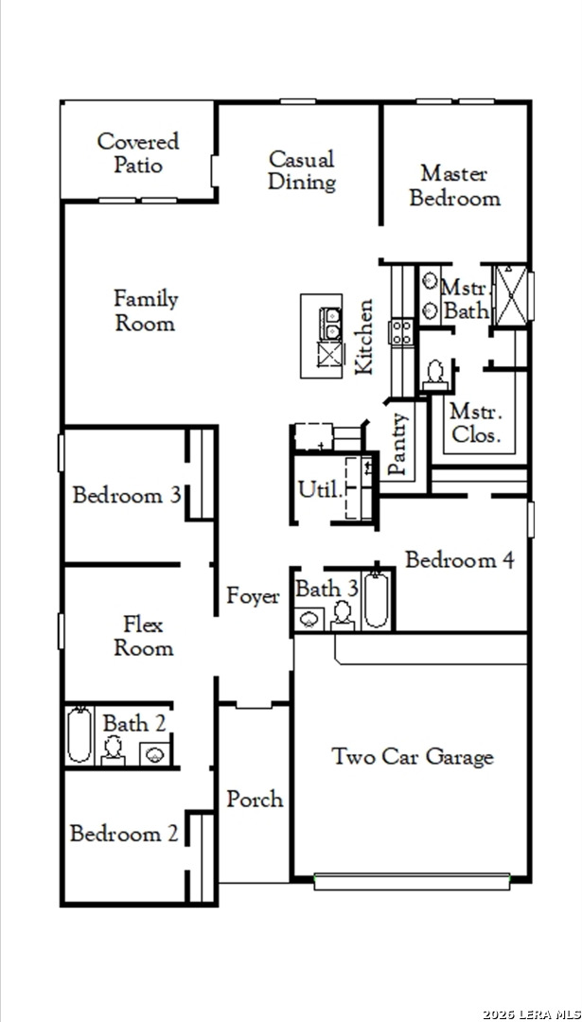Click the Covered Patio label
coord(138,152)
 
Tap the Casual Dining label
coord(302,170)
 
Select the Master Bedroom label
coord(455,185)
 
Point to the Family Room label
coord(146,310)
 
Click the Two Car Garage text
coord(413,757)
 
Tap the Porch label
coord(255,799)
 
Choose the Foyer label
coord(253,596)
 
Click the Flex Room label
coord(144,636)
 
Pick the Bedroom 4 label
coord(460,559)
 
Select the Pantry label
coord(398,444)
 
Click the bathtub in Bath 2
coord(79,735)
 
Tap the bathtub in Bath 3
coord(376,600)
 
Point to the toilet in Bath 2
coord(114,750)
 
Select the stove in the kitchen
coord(401,332)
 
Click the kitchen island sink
coord(330,324)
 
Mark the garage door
coord(412,881)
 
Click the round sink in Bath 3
coord(309,619)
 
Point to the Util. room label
coord(319,489)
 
